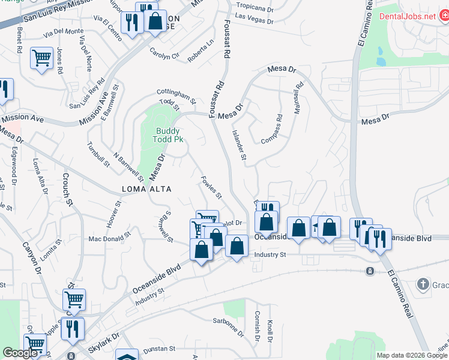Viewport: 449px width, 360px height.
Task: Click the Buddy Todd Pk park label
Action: pyautogui.click(x=169, y=135)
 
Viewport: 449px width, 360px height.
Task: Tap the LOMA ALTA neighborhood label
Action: pyautogui.click(x=146, y=189)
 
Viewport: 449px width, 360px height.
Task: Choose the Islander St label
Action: pyautogui.click(x=239, y=145)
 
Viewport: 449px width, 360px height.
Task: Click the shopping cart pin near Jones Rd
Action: pyautogui.click(x=41, y=58)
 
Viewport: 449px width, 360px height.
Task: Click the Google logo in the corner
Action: pyautogui.click(x=20, y=353)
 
